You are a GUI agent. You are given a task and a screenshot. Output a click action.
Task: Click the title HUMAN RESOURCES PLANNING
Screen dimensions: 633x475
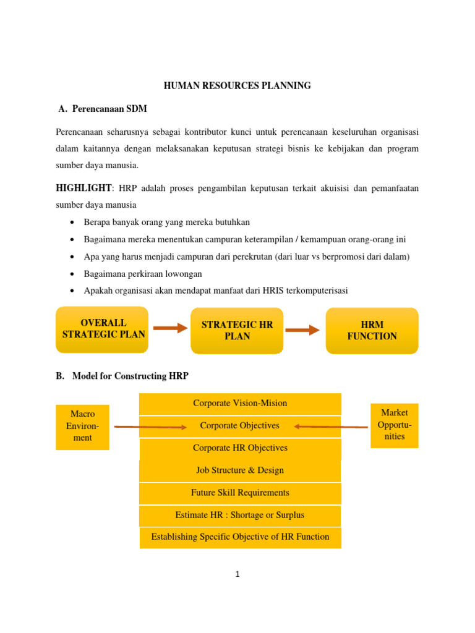click(237, 86)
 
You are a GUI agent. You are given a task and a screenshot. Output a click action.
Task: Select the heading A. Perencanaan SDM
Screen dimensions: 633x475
click(102, 109)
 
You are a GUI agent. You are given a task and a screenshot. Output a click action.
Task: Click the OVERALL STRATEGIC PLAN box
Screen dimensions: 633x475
click(103, 329)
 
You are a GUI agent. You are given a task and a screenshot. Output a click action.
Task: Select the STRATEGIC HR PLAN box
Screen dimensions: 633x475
click(237, 331)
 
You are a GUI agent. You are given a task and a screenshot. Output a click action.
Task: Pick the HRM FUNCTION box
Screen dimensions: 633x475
click(372, 331)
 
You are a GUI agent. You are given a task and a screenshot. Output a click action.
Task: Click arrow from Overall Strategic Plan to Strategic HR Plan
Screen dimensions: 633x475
click(169, 328)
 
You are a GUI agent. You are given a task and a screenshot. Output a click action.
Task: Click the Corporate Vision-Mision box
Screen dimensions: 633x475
click(240, 404)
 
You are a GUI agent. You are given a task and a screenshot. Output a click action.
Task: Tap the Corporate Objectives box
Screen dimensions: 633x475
click(240, 426)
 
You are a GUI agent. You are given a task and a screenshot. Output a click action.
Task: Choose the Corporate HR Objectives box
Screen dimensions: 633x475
click(240, 448)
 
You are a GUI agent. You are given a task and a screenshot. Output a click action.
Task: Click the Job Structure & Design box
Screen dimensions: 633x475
click(240, 470)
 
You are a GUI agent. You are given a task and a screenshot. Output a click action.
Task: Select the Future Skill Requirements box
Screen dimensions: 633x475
click(240, 493)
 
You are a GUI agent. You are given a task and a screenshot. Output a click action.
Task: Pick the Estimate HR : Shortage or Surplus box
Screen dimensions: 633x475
click(240, 515)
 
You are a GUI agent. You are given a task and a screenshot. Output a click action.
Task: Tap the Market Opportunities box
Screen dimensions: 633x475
click(394, 425)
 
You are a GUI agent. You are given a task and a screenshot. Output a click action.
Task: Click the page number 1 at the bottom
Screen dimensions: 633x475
click(237, 574)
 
